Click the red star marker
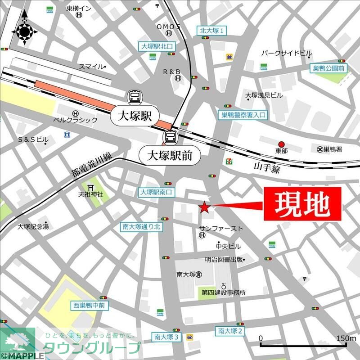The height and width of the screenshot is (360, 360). (x=204, y=207)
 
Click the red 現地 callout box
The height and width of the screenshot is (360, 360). (x=302, y=204)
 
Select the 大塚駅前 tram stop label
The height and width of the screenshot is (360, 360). (x=169, y=156)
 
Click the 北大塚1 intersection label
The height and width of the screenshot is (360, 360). (x=212, y=31)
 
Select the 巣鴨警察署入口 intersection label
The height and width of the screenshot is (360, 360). (x=243, y=115)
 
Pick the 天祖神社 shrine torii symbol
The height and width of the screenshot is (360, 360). (x=90, y=187)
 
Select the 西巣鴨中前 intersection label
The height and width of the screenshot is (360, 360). (x=90, y=306)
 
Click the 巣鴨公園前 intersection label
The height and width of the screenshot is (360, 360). (x=328, y=68)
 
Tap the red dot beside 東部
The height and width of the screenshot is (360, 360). (x=282, y=144)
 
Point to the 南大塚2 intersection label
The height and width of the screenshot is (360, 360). (x=230, y=331)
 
